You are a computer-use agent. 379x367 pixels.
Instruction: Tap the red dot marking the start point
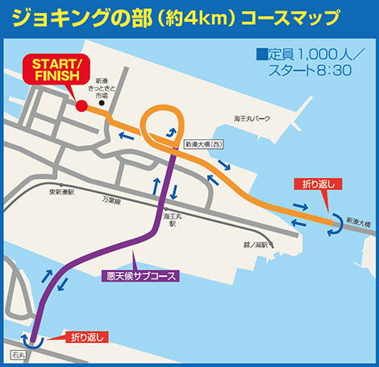point(81,105)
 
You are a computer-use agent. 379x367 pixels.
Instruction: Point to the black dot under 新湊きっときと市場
point(111,104)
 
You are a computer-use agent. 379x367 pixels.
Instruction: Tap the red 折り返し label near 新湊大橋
point(317,184)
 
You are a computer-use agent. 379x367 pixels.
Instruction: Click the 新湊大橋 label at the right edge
point(360,220)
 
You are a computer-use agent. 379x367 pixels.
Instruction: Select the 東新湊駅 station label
point(61,192)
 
